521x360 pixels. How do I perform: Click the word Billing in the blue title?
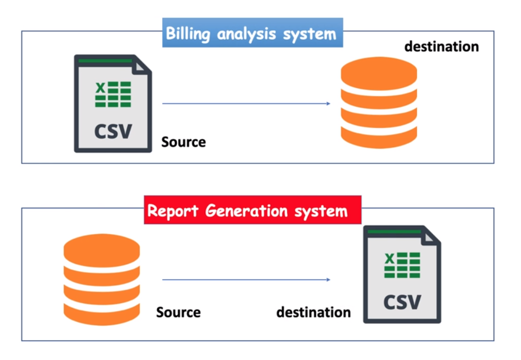186,34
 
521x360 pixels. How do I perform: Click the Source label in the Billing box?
184,142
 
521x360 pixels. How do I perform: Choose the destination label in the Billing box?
441,47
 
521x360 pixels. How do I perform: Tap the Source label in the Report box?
178,312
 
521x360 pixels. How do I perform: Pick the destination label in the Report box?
313,312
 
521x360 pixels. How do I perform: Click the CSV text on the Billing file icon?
113,131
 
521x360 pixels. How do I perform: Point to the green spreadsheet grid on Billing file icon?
113,95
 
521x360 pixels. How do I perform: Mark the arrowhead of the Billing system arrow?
328,104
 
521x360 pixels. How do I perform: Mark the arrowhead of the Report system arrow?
328,280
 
